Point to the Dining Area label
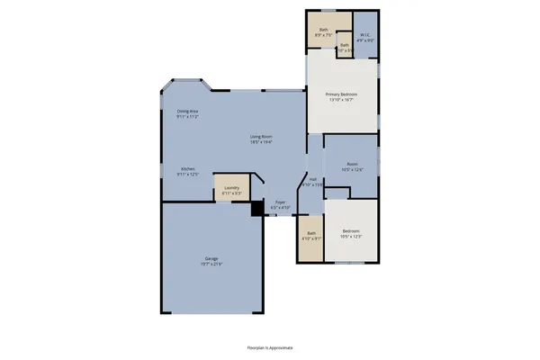click(x=187, y=112)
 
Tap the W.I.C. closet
click(x=364, y=35)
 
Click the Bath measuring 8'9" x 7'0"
click(x=324, y=31)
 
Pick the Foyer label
click(x=281, y=202)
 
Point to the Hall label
click(x=313, y=179)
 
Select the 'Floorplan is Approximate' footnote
click(x=270, y=346)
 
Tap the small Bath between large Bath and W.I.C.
click(x=344, y=47)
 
